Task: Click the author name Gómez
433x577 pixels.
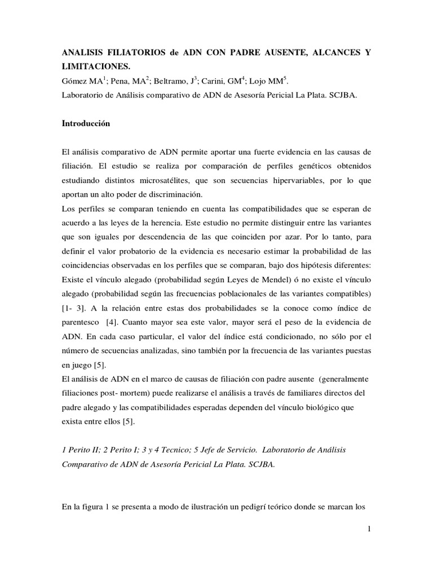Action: (x=75, y=81)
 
